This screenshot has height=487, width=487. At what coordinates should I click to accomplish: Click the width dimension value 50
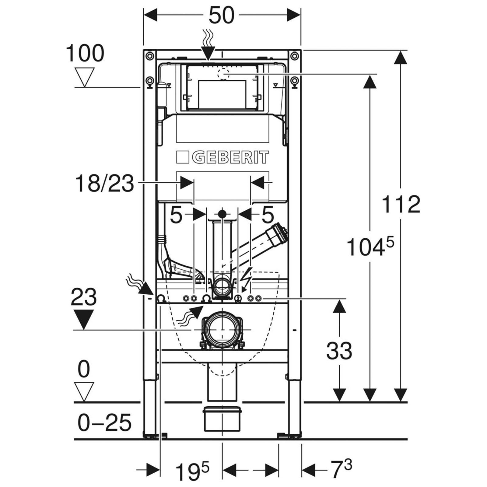tap(221, 16)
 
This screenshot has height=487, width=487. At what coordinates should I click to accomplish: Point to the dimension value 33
tap(339, 351)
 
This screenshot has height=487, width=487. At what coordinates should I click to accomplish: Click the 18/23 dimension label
tap(104, 184)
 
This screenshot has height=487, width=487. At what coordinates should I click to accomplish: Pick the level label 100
tap(85, 53)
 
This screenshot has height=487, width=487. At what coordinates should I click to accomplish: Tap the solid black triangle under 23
tap(84, 319)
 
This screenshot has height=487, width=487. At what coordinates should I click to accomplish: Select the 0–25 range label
tap(104, 422)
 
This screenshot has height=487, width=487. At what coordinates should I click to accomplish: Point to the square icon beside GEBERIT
tap(183, 158)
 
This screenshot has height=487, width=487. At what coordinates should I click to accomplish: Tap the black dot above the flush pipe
tap(222, 214)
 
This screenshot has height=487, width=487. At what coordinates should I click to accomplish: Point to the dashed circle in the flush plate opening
tap(224, 73)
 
